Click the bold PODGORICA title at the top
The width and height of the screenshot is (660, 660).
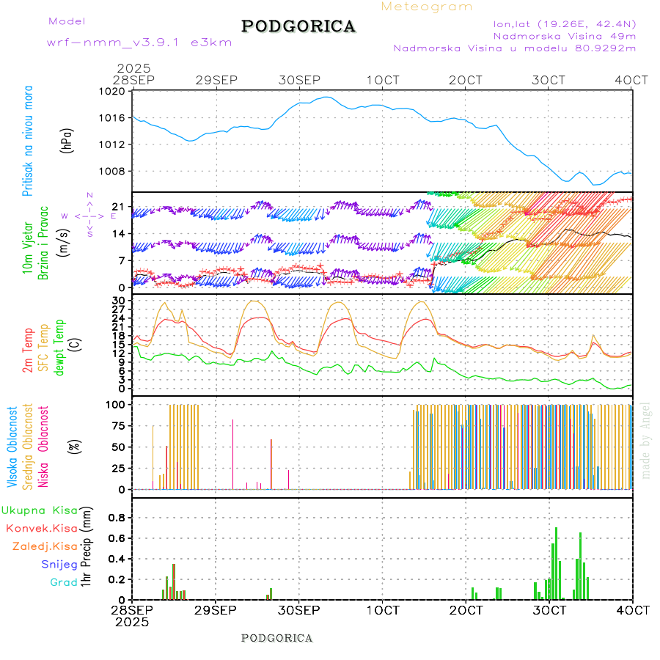(x=298, y=26)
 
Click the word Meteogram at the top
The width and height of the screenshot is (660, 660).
(x=427, y=7)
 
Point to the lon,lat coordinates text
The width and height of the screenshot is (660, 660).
(x=565, y=23)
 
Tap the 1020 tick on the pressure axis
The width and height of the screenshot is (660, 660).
(x=113, y=92)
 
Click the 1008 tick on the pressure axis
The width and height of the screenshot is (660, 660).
(x=113, y=172)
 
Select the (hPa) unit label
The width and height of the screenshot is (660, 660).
(x=67, y=140)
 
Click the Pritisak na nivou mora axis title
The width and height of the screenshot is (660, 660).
(x=28, y=140)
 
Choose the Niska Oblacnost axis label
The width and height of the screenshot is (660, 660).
(x=44, y=447)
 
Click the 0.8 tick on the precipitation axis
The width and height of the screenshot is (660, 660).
(x=115, y=517)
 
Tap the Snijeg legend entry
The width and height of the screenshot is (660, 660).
(x=59, y=564)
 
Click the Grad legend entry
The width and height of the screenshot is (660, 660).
(x=64, y=582)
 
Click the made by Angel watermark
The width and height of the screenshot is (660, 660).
(x=646, y=439)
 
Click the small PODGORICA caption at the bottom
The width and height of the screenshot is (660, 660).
(x=276, y=638)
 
